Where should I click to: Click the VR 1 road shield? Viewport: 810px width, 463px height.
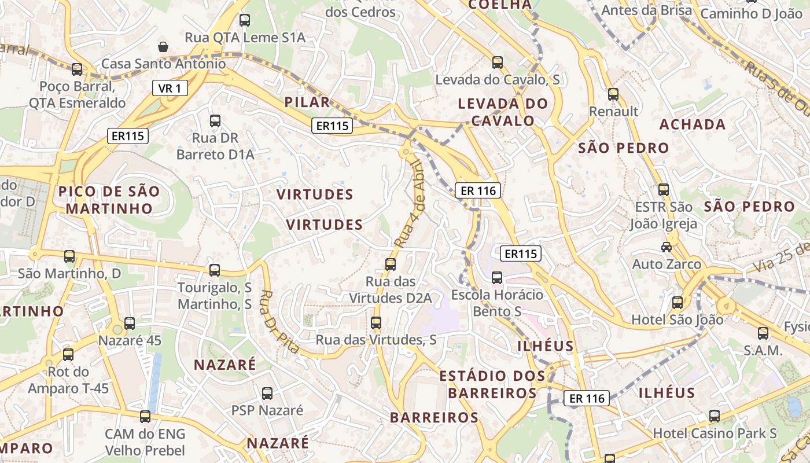coord(170,88)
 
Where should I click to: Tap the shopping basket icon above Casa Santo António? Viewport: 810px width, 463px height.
coord(163,46)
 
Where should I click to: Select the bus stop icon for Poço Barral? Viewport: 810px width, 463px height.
coord(77,69)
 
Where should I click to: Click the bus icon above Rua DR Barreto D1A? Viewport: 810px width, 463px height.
coord(215,121)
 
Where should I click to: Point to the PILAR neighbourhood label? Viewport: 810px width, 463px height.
coord(307,102)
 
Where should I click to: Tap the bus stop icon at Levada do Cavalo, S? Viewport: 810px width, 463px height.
coord(498,63)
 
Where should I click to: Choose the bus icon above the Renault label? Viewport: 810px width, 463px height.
coord(613,94)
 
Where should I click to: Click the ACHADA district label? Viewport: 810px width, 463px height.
coord(693,124)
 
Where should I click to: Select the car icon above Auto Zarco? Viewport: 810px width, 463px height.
coord(667,247)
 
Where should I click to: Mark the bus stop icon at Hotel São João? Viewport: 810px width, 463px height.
coord(678,302)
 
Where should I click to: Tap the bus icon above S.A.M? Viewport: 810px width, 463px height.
coord(763,333)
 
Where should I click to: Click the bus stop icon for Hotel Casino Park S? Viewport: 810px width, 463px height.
coord(715,416)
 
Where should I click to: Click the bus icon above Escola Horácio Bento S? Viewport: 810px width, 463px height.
coord(497,278)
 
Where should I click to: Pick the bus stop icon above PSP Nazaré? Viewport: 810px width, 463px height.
coord(267,394)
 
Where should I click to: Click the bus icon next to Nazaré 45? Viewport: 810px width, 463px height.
coord(130,324)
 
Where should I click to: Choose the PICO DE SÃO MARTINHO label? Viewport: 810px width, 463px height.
coord(109,200)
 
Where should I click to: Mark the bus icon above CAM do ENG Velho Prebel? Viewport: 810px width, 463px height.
coord(145,416)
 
